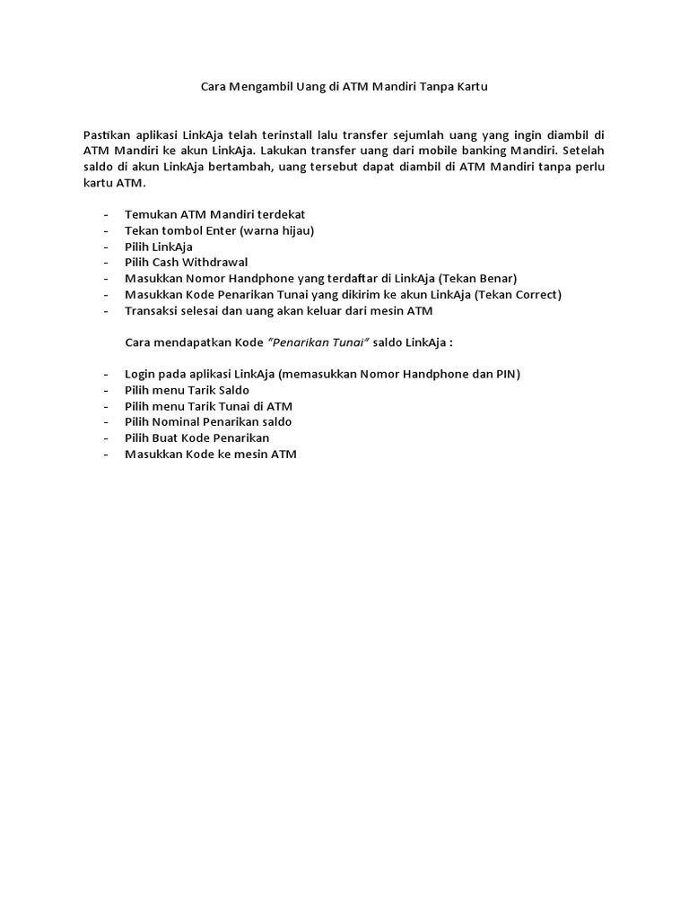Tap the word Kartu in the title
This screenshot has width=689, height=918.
(x=470, y=87)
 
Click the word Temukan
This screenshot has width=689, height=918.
(x=151, y=214)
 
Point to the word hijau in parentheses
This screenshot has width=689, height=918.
(x=292, y=230)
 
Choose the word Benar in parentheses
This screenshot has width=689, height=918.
(x=494, y=279)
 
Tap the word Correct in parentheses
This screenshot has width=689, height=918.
(x=533, y=295)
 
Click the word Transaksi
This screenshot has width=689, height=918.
(x=154, y=311)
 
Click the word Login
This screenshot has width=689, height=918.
(x=141, y=373)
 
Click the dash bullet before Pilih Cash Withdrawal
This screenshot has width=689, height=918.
(x=108, y=263)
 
